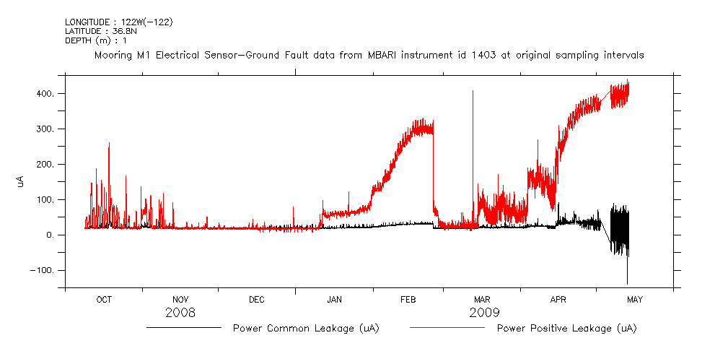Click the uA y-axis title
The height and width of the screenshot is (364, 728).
tap(21, 182)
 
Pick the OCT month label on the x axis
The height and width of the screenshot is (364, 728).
tap(104, 300)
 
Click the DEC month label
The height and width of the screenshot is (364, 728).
tap(257, 300)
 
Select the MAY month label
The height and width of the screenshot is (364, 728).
tap(635, 300)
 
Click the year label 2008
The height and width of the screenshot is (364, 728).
tap(180, 313)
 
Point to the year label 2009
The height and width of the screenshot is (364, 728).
tap(484, 313)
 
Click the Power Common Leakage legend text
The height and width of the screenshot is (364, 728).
tap(306, 329)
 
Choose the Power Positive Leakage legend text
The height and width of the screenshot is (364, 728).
tap(567, 329)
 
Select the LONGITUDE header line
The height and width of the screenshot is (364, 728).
tap(118, 22)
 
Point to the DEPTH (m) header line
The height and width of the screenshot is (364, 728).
tap(96, 40)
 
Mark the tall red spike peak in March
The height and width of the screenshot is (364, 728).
tap(473, 91)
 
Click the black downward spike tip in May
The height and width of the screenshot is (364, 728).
tap(627, 284)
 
